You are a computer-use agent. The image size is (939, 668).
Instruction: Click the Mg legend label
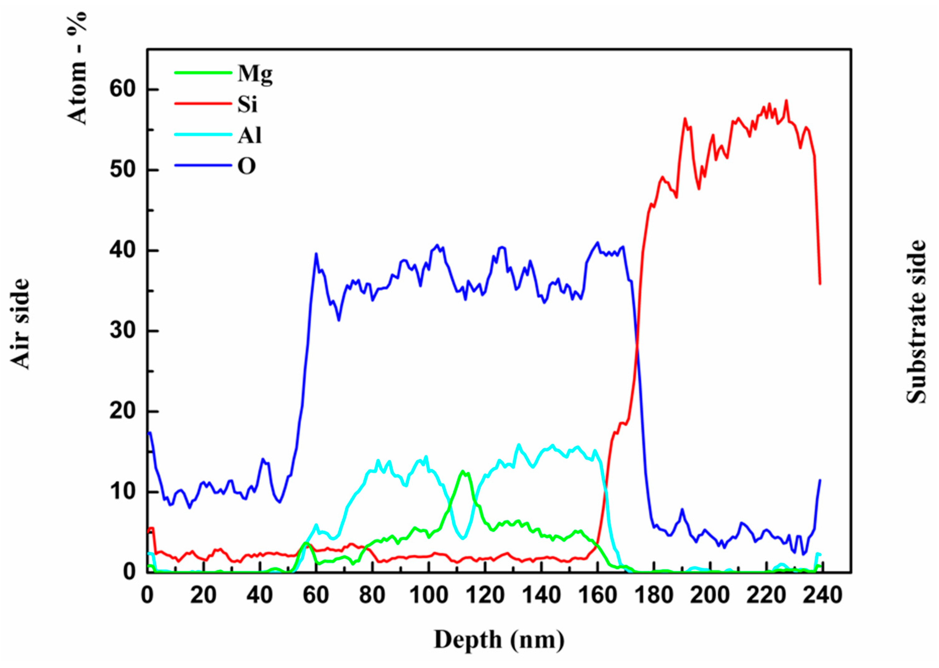tap(255, 74)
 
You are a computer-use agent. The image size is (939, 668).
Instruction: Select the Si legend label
tap(248, 104)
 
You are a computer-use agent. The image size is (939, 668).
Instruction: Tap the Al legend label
tap(249, 135)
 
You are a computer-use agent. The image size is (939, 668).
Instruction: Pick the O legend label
tap(247, 166)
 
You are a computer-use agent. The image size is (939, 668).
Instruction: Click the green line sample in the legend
tap(203, 73)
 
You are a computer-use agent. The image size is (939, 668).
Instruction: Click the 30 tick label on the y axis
tap(123, 331)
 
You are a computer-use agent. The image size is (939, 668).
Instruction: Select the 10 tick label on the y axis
tap(123, 492)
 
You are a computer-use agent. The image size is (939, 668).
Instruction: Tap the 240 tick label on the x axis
tap(822, 595)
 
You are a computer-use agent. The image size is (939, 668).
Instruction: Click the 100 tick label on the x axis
tap(429, 595)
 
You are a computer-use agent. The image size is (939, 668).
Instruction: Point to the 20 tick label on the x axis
tap(203, 595)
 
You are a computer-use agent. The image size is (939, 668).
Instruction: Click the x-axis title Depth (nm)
tap(499, 640)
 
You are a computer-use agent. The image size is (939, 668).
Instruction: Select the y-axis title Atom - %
tap(77, 68)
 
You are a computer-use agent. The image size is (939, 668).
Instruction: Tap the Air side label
tap(20, 324)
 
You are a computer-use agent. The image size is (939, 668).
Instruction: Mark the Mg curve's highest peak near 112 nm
tap(463, 472)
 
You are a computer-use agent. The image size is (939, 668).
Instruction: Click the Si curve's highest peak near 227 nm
tap(786, 100)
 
